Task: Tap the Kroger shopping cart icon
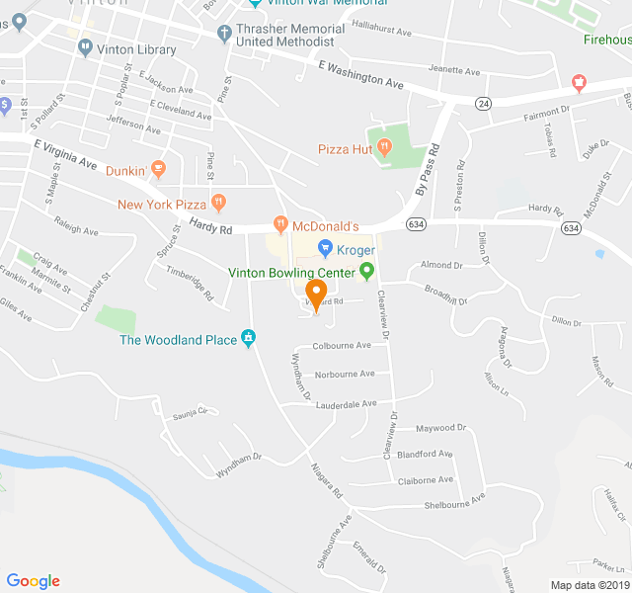(323, 249)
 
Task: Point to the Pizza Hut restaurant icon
(384, 149)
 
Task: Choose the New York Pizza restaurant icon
(220, 205)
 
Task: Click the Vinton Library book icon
(86, 46)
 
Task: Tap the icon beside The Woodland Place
(249, 340)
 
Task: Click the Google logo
(33, 581)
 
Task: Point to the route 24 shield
(483, 103)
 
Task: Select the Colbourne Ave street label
(342, 345)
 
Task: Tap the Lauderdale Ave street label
(346, 403)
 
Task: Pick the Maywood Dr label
(439, 428)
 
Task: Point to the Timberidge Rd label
(190, 281)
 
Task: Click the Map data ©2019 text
(590, 585)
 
